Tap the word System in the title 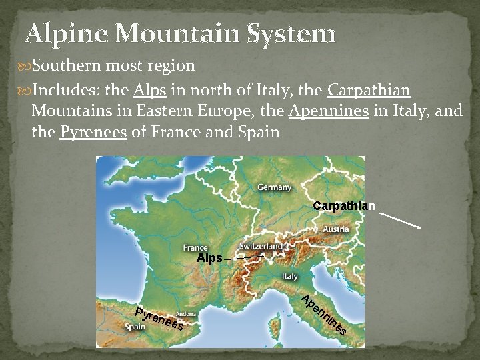(x=290, y=33)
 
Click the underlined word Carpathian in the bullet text (x=369, y=89)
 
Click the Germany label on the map (x=274, y=188)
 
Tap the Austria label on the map (x=335, y=229)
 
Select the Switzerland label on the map (x=261, y=246)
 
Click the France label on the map (x=195, y=247)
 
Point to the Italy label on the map (x=289, y=276)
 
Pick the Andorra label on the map (x=185, y=313)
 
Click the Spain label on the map (x=136, y=327)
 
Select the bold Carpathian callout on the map (x=344, y=206)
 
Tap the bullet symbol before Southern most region (x=26, y=66)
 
